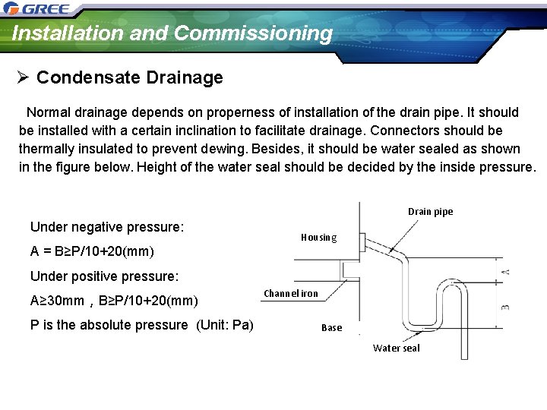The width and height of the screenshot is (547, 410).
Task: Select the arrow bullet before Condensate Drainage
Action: [x=24, y=77]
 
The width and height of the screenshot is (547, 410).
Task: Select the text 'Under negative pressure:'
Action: [x=107, y=227]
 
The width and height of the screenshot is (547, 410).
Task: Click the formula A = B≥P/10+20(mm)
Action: [x=92, y=251]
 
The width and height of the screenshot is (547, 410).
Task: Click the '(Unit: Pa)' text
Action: [x=225, y=325]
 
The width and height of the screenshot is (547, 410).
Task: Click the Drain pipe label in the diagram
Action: [x=430, y=212]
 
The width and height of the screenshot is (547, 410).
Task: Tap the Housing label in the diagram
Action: [x=318, y=238]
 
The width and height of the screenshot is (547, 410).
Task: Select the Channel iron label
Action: [x=291, y=294]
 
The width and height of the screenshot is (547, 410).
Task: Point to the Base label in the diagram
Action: [x=332, y=328]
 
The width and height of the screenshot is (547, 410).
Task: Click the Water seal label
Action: [x=396, y=348]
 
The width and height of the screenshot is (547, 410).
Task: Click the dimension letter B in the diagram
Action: [x=505, y=306]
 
